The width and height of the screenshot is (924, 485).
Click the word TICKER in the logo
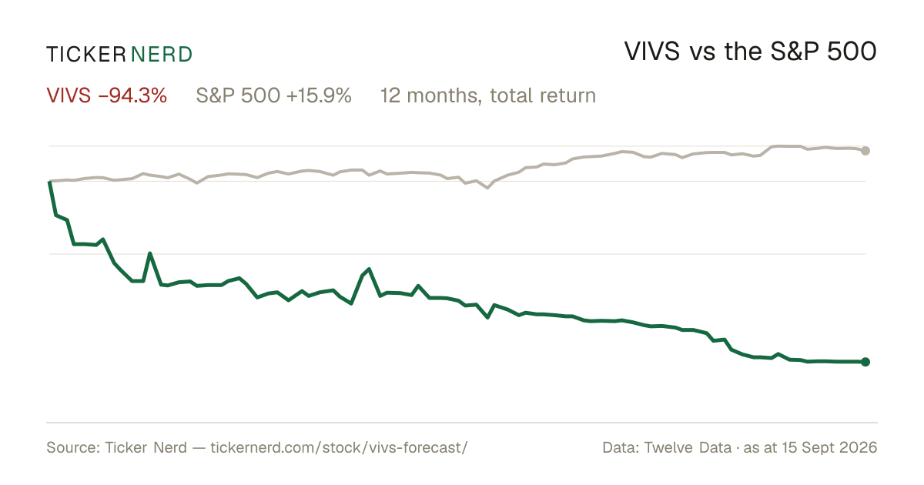coord(86,55)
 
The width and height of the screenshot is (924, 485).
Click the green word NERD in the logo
coord(162,55)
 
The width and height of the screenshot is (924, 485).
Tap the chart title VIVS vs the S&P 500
coord(750,52)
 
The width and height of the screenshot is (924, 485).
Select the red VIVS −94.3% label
coord(107,95)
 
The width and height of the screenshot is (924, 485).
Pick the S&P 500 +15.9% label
coord(273,95)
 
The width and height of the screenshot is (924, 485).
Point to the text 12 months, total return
coord(488,95)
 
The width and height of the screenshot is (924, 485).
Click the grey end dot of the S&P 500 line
coord(865,151)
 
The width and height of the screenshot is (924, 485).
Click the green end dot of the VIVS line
coord(865,362)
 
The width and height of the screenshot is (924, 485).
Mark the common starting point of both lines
coord(49,181)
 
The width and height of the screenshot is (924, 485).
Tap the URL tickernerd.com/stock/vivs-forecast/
coord(339,447)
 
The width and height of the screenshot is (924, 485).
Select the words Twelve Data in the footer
coord(688,447)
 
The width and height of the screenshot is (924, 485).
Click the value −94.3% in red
coord(132,95)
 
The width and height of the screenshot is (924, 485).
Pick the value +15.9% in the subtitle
coord(319,95)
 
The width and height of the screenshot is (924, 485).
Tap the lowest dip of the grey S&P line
coord(488,188)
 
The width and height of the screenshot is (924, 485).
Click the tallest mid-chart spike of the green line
coord(369,269)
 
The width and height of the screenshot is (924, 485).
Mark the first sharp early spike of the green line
coord(149,253)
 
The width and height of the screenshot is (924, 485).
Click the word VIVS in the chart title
coord(651,52)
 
